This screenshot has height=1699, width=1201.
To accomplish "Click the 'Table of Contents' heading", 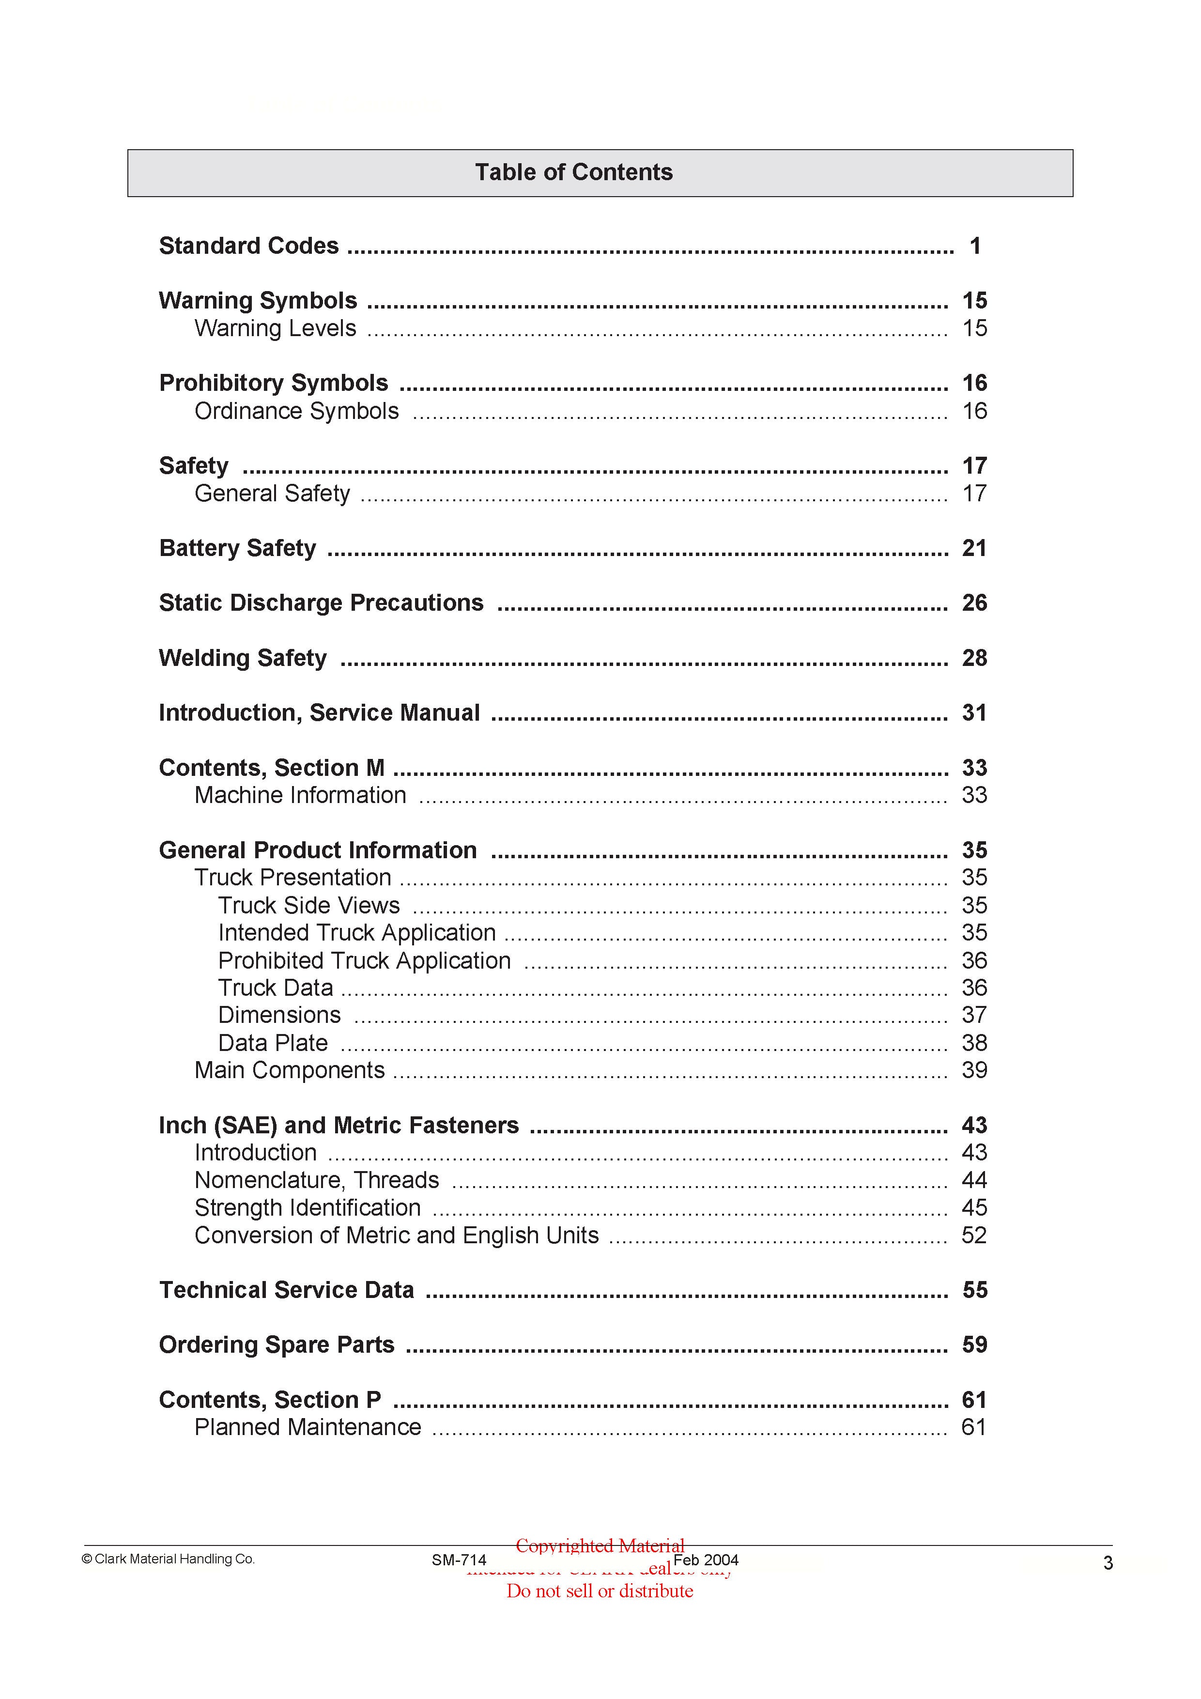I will (x=573, y=172).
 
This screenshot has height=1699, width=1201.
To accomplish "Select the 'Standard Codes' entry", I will (x=248, y=246).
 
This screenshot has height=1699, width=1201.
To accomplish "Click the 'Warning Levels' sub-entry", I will (x=275, y=328).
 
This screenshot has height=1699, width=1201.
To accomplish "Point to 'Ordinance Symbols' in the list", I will (x=296, y=411).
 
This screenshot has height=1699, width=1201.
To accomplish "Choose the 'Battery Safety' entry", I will (x=237, y=548).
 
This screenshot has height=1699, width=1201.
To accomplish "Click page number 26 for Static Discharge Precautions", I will (x=974, y=602).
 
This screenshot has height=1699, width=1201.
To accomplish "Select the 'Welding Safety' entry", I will (x=243, y=658).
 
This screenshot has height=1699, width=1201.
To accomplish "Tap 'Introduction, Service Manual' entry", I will (x=319, y=712).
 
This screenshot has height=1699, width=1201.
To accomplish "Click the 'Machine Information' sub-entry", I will (x=300, y=795).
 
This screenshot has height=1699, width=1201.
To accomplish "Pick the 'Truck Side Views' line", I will (x=308, y=905).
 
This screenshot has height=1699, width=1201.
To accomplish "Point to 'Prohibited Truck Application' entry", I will (x=364, y=960).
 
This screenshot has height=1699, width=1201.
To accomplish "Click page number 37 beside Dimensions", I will (x=974, y=1015).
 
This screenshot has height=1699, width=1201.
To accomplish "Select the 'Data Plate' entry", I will (x=272, y=1043).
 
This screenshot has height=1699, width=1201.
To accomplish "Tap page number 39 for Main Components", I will (x=974, y=1070).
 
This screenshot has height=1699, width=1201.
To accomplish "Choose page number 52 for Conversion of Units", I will (x=974, y=1235).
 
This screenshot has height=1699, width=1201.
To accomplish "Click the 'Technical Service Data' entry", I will (x=286, y=1290).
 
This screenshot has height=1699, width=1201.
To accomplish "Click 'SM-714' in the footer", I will (x=459, y=1560).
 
